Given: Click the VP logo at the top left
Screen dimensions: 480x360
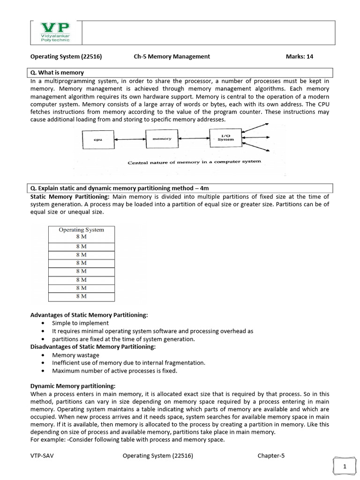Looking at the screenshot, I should coord(55,32).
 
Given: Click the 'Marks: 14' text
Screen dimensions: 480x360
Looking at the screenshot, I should coord(299,57).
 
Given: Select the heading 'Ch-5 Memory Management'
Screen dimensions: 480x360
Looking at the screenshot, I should coord(172,57).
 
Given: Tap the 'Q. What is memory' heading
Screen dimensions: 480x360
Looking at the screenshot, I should coord(57,73).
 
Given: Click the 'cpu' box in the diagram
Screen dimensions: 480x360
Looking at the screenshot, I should coord(98,139).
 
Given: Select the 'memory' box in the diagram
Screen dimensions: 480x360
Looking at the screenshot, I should coord(162,139).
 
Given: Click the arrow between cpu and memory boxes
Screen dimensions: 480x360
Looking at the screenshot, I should coord(130,139).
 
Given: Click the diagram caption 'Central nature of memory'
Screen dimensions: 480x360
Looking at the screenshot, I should coord(194,162).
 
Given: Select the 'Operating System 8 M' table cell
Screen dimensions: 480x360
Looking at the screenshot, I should coord(81,233).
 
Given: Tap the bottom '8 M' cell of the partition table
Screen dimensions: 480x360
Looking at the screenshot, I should coord(81,296).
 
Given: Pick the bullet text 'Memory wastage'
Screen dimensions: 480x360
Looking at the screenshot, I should coord(75,355).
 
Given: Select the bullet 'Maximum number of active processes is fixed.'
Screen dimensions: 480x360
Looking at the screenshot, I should coord(114,371).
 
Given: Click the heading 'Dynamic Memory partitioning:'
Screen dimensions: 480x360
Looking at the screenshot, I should coord(73,386).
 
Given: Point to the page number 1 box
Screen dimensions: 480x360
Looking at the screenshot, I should coord(345,466).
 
